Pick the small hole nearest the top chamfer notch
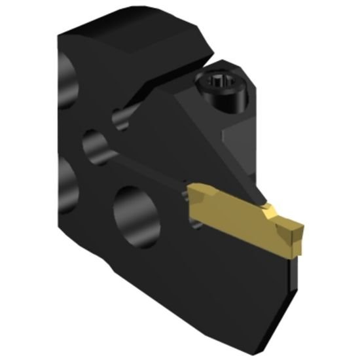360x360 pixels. click(x=120, y=118)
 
